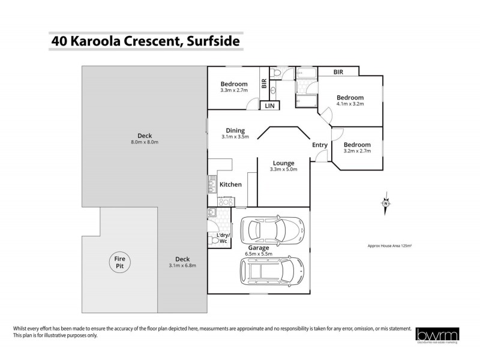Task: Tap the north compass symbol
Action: [386, 203]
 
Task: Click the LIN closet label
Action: [270, 106]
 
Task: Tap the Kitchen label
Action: [230, 184]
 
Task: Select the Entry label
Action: [320, 145]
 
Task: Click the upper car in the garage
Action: [272, 229]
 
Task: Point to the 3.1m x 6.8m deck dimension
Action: [183, 265]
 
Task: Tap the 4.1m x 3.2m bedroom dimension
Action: [350, 104]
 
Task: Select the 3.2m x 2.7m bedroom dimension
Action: [357, 151]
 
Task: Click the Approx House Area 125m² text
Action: [390, 246]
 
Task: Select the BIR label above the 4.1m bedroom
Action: [339, 72]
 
